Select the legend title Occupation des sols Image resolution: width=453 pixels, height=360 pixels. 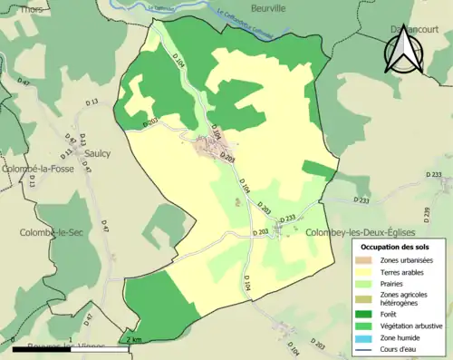click(x=396, y=247)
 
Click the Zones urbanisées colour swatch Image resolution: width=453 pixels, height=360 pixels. click(x=364, y=260)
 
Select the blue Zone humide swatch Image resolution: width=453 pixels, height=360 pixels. click(x=364, y=342)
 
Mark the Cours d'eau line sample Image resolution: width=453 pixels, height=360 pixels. click(x=364, y=354)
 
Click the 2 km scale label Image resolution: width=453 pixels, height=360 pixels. click(x=134, y=339)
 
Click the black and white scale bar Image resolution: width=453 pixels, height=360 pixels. click(x=68, y=345)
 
